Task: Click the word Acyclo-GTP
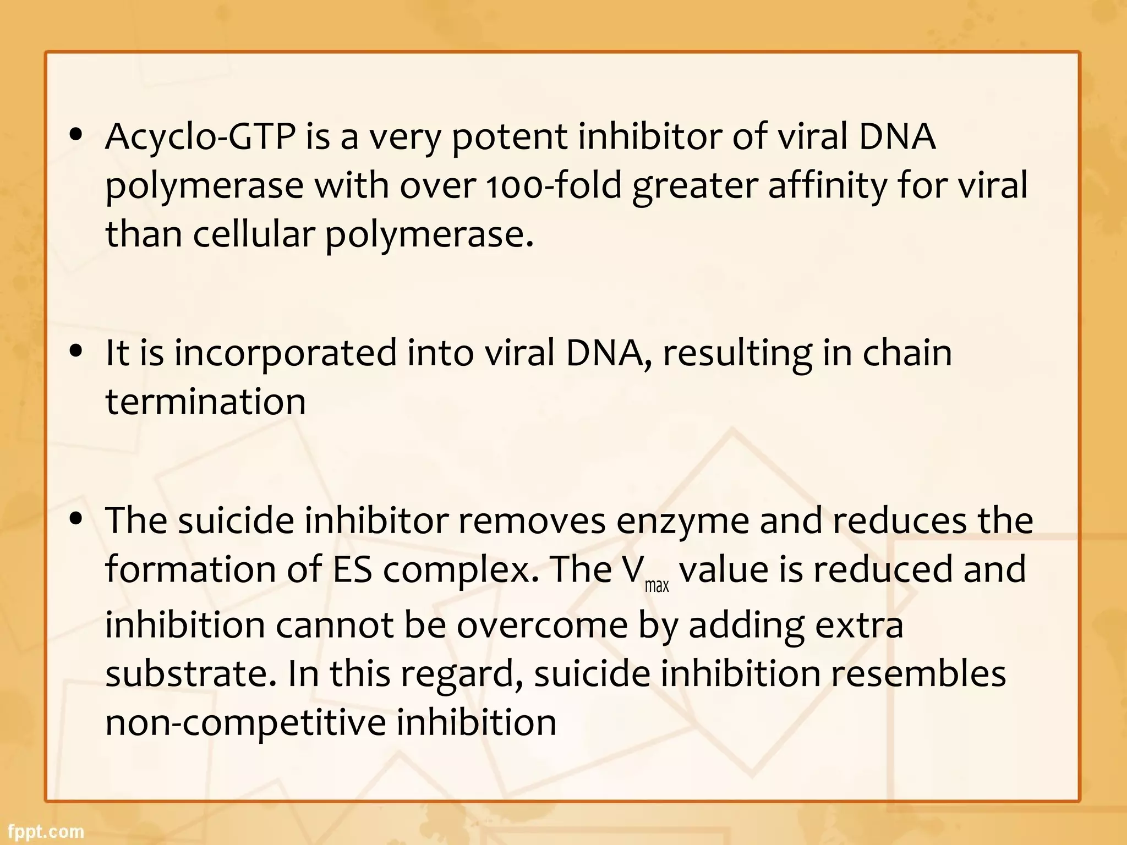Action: (x=200, y=137)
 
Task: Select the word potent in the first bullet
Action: (x=509, y=137)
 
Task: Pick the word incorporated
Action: (x=286, y=353)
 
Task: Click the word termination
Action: (x=205, y=402)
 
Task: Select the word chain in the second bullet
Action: (x=907, y=353)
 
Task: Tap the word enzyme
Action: (x=682, y=520)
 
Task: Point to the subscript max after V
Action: (x=656, y=586)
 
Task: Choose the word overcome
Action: (x=542, y=625)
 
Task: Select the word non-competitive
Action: (x=245, y=722)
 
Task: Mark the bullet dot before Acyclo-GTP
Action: (x=76, y=135)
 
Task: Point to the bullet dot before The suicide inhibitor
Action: (x=76, y=518)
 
